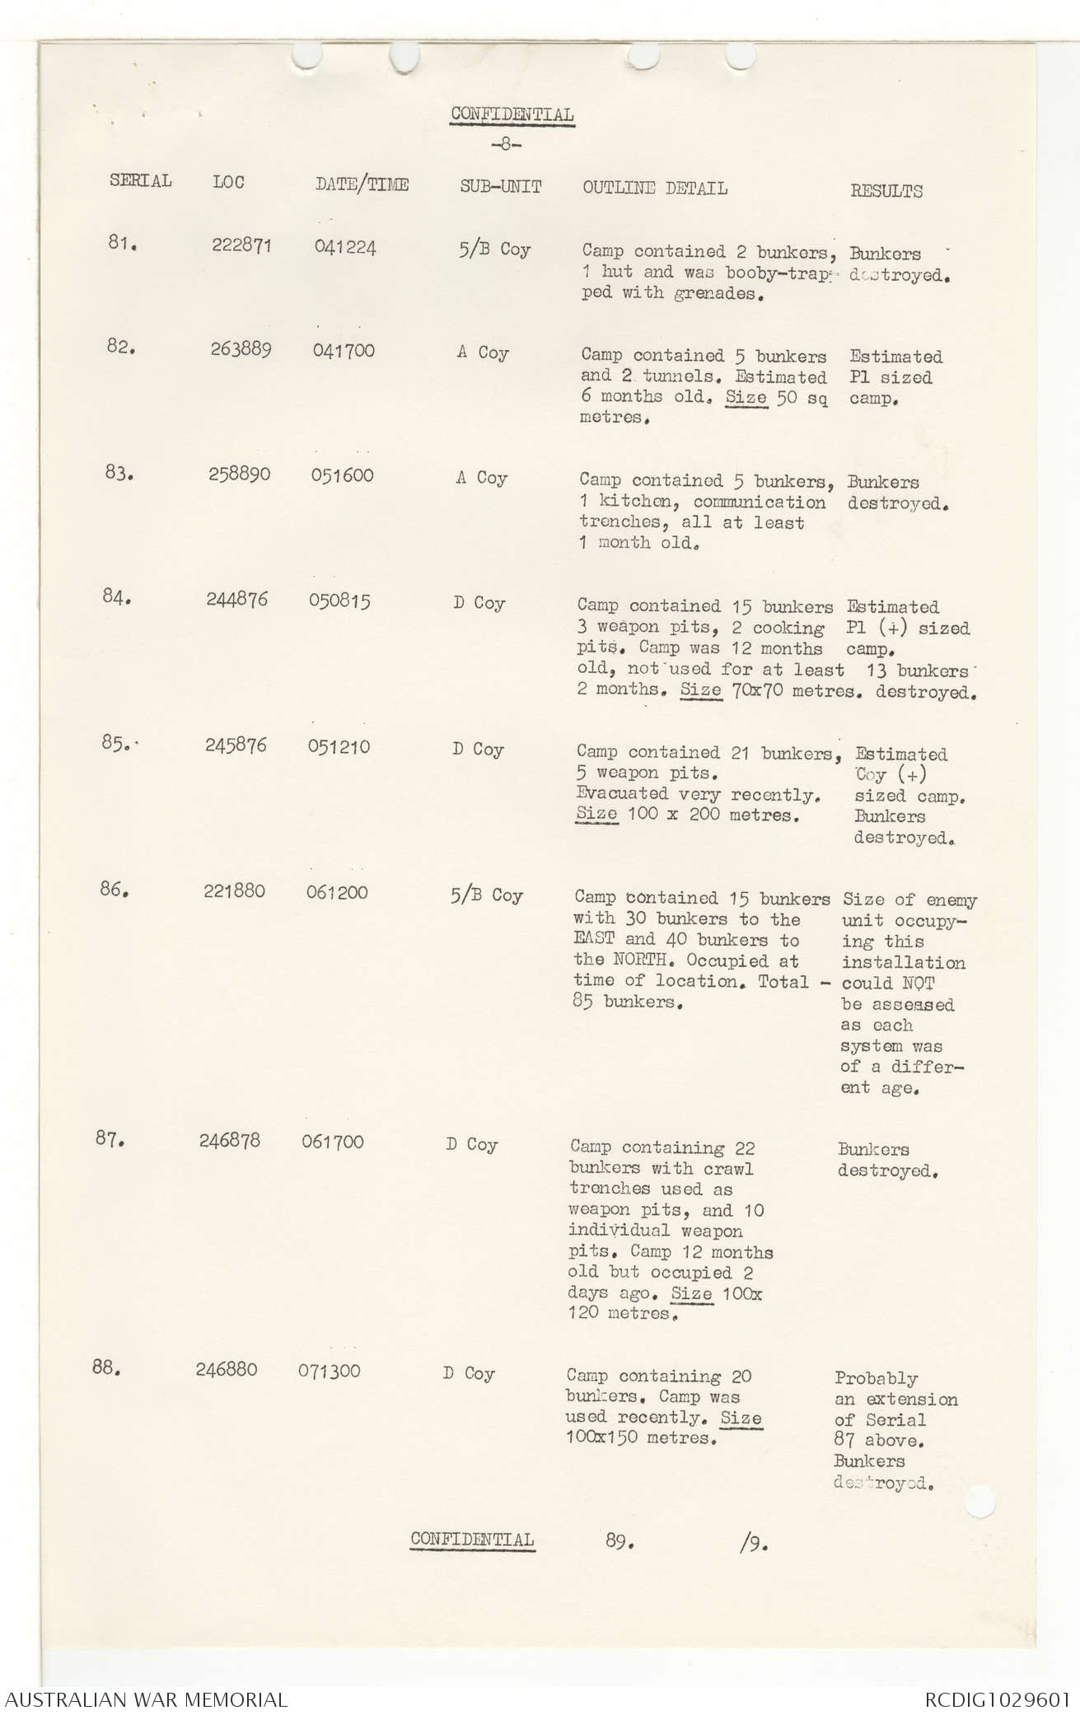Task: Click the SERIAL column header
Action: pos(140,180)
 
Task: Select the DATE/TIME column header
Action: pos(361,185)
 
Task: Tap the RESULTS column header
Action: pos(886,191)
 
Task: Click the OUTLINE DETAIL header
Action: pos(654,188)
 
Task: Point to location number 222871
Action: pos(241,245)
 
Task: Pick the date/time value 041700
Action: pos(343,351)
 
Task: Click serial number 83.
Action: pos(119,473)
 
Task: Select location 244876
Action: pos(236,599)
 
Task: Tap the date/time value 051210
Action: pos(339,747)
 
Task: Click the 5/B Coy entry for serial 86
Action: pos(486,895)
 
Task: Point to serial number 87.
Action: pos(110,1139)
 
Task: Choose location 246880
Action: pos(226,1369)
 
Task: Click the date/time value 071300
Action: pos(329,1371)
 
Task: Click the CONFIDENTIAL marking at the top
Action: pos(512,114)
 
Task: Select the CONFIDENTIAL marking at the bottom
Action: pos(472,1539)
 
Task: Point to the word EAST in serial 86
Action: pos(594,940)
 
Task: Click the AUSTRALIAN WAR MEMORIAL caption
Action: pos(147,1699)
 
